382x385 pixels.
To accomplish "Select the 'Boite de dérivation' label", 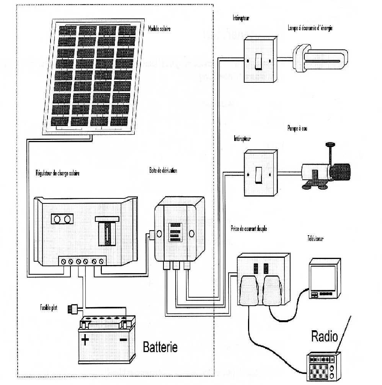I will pyautogui.click(x=163, y=170).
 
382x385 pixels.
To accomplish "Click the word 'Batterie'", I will pyautogui.click(x=160, y=347).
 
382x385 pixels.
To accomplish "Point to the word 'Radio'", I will pyautogui.click(x=325, y=337).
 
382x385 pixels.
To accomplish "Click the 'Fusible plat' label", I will pyautogui.click(x=49, y=307).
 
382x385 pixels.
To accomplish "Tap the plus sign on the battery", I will pyautogui.click(x=85, y=339).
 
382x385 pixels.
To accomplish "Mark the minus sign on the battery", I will pyautogui.click(x=123, y=339).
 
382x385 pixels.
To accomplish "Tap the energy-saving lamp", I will pyautogui.click(x=320, y=59).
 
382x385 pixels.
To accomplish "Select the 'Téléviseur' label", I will pyautogui.click(x=315, y=238).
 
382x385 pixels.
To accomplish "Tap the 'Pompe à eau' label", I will pyautogui.click(x=297, y=129).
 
